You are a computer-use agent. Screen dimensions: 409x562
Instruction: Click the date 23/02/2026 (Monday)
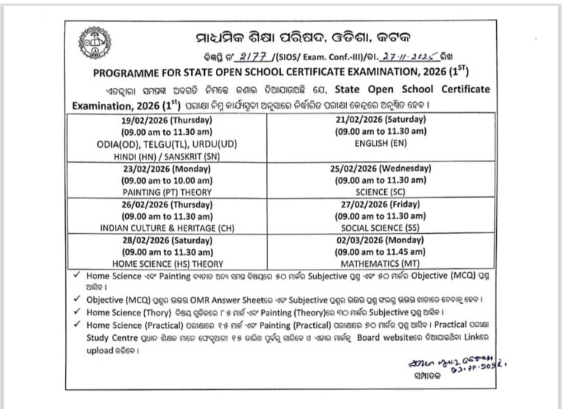(168, 169)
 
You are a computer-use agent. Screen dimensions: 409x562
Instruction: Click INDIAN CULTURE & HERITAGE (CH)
(168, 228)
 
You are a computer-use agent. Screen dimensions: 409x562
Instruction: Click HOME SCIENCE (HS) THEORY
(168, 262)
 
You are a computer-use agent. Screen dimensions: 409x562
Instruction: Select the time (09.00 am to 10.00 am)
(168, 180)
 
